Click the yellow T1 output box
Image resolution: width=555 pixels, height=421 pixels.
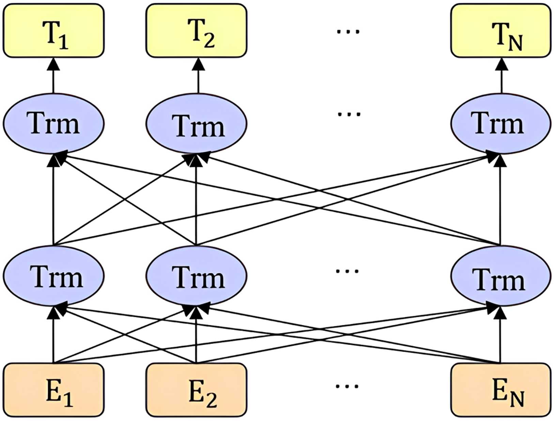click(53, 31)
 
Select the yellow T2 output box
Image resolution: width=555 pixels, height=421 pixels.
click(196, 31)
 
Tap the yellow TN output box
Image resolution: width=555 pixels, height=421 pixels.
click(501, 31)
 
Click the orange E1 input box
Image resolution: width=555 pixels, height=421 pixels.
click(53, 390)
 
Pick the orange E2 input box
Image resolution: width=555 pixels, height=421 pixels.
click(196, 390)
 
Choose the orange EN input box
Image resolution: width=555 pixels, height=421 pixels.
click(501, 390)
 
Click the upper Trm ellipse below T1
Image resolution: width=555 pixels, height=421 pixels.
click(53, 123)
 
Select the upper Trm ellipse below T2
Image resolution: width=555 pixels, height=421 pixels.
click(196, 124)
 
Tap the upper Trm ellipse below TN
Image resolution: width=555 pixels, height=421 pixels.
click(501, 123)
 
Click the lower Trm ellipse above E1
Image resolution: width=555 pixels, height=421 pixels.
click(53, 276)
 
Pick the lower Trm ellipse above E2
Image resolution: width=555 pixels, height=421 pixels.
click(196, 276)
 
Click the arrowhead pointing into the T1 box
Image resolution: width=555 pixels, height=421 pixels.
click(53, 64)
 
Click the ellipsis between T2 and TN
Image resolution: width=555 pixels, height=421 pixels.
click(348, 31)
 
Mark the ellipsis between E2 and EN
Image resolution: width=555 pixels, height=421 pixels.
click(347, 386)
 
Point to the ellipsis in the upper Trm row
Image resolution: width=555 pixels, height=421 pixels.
click(349, 114)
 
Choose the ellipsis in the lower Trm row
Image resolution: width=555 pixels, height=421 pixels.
click(347, 271)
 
